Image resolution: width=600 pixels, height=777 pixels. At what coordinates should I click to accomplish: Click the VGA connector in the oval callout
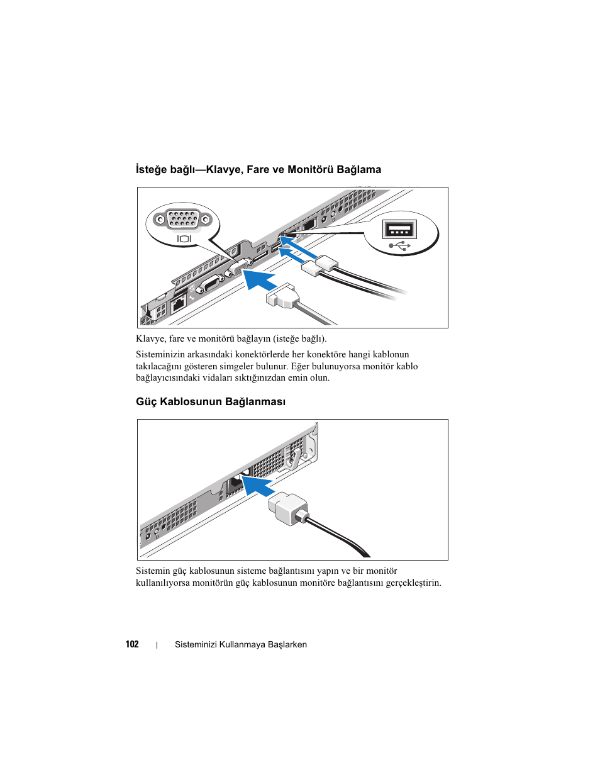click(x=183, y=220)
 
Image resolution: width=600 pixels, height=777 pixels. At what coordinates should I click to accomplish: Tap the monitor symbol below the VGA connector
click(x=184, y=239)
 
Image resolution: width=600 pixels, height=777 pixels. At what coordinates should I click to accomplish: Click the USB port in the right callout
click(x=399, y=228)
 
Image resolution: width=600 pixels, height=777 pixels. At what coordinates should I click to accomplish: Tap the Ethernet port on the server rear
click(x=178, y=303)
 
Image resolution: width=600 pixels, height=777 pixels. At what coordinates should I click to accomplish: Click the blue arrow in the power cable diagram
click(x=258, y=485)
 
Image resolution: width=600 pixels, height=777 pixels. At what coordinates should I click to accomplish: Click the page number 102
click(x=132, y=644)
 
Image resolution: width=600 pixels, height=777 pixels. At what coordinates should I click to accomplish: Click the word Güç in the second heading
click(x=147, y=401)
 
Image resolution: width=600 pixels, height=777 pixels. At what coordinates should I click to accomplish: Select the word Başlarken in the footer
click(x=287, y=645)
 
